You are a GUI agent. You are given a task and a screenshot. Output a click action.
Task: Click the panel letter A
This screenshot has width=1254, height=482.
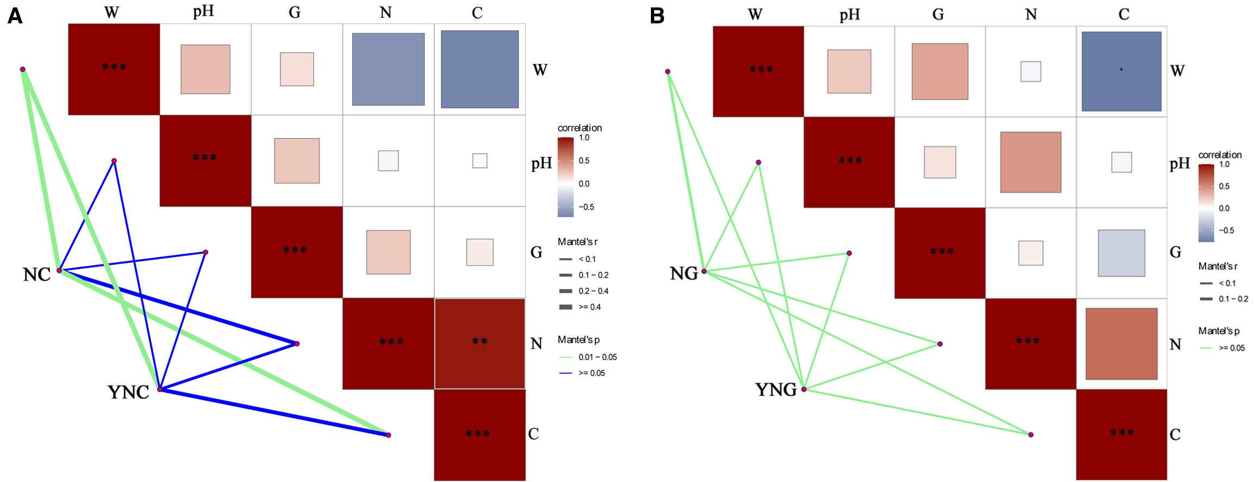click(15, 17)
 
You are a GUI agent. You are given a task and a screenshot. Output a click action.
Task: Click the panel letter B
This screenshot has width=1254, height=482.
click(657, 17)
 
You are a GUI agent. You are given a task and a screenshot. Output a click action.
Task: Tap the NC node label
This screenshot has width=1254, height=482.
click(36, 275)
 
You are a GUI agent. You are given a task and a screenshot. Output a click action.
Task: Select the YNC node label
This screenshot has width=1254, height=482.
click(128, 392)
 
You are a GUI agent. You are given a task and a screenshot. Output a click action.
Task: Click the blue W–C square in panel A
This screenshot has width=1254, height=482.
click(480, 69)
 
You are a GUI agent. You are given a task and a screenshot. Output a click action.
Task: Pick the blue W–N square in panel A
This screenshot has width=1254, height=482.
click(388, 69)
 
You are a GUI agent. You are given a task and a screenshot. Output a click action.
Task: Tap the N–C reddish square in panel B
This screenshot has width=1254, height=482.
click(1121, 343)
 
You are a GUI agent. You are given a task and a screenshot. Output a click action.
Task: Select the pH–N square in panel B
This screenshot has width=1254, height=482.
click(1031, 162)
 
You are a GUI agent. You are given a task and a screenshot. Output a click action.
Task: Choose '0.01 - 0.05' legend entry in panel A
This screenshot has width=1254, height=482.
click(597, 357)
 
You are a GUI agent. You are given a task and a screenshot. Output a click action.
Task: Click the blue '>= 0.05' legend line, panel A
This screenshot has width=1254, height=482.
click(566, 373)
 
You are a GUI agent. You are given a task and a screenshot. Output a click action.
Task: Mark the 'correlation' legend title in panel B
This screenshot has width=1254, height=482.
click(1220, 155)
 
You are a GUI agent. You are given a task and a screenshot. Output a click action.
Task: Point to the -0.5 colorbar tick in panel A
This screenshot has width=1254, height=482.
click(586, 207)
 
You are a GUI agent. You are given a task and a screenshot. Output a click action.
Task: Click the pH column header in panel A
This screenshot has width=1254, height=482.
click(203, 12)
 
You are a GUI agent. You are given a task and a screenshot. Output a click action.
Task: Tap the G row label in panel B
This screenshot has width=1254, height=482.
click(1175, 252)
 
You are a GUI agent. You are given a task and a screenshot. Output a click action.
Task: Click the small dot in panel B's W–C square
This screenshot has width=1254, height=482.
click(1121, 70)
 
